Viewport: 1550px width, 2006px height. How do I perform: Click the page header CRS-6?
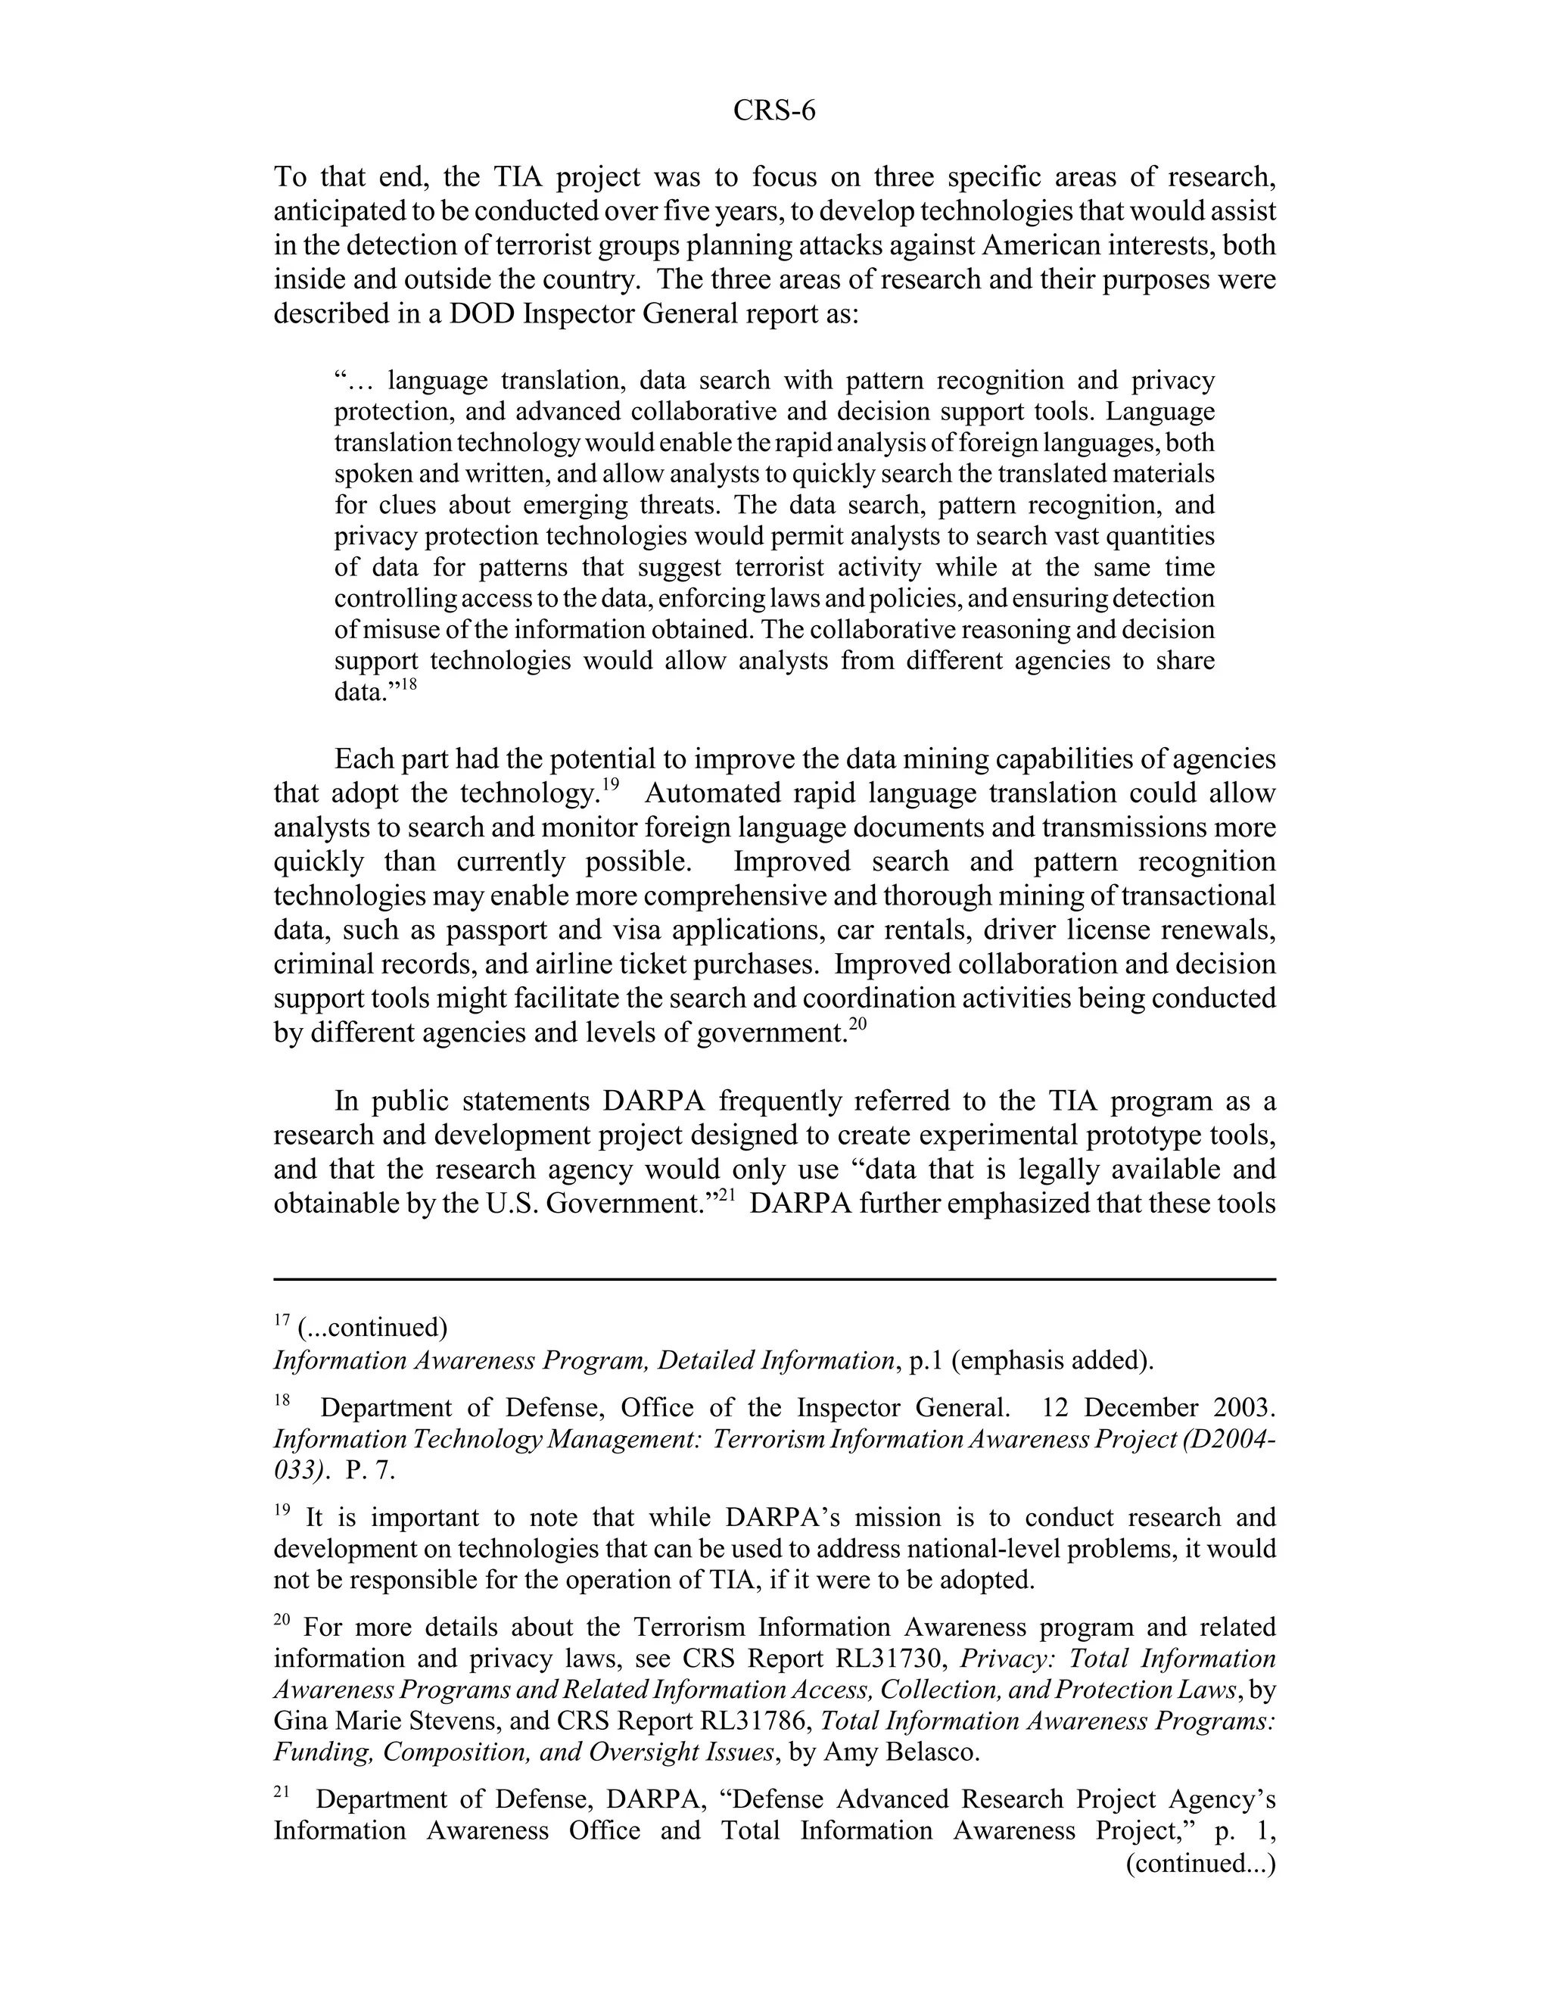[x=774, y=111]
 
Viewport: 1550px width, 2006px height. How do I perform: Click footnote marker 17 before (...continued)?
[x=282, y=1322]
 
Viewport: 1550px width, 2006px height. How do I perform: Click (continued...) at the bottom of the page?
[x=1200, y=1863]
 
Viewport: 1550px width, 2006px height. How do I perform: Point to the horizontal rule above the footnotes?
[x=774, y=1279]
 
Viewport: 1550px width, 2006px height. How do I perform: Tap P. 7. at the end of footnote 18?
[x=370, y=1471]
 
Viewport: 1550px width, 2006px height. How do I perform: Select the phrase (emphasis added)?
[x=1051, y=1360]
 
